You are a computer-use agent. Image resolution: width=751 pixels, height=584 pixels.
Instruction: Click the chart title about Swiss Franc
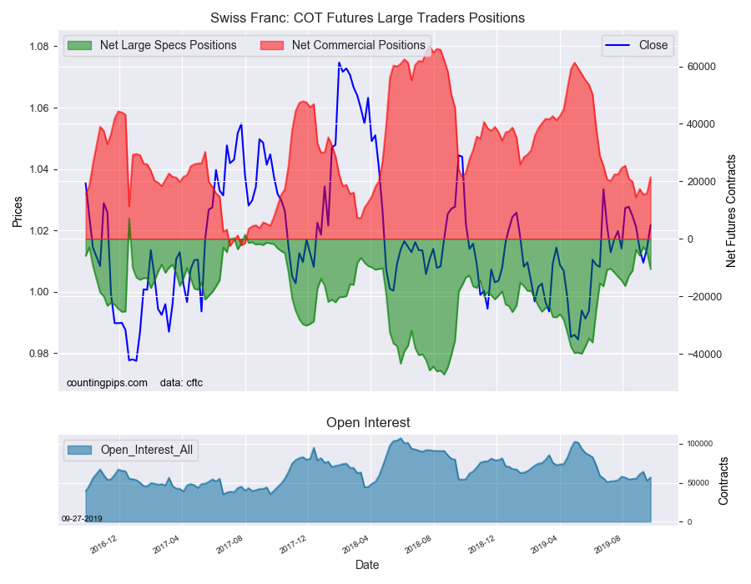367,18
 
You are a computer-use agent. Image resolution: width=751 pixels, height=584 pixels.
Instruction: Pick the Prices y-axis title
18,211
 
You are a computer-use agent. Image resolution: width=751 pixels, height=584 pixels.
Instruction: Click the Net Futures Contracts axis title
731,211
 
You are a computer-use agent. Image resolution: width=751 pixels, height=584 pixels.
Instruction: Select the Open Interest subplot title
368,423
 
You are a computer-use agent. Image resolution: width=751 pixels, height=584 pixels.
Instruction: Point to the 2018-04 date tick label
357,546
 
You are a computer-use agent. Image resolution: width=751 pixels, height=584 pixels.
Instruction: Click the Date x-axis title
367,565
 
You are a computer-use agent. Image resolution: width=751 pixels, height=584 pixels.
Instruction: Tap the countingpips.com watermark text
107,383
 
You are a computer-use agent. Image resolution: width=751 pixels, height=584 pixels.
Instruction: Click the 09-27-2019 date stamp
82,518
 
